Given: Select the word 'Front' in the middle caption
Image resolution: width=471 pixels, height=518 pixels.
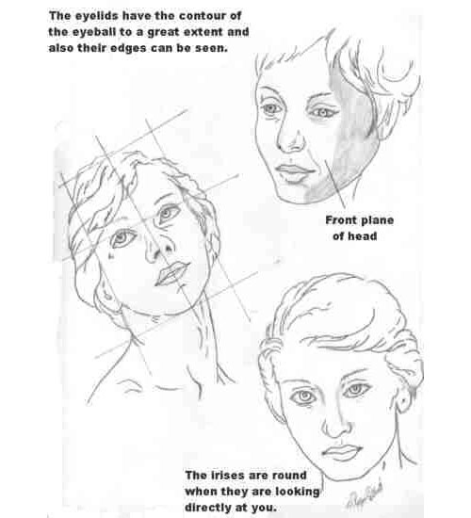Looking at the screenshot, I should pos(343,220).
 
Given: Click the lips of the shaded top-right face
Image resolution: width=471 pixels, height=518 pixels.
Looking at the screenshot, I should pos(294,170).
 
